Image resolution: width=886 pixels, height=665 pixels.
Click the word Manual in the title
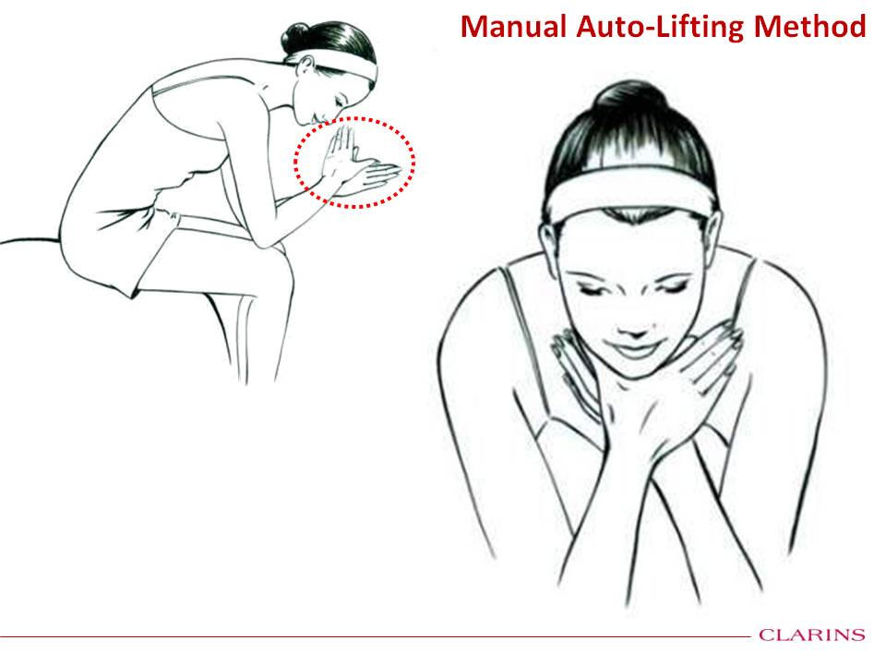click(513, 27)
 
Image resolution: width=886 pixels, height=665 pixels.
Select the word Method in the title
click(809, 27)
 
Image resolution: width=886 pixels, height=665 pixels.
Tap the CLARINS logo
click(812, 635)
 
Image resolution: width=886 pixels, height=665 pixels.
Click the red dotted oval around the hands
click(354, 117)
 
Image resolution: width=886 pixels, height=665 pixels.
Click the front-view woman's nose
click(635, 328)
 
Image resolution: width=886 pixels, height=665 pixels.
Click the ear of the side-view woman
click(305, 66)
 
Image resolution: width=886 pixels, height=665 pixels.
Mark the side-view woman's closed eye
click(340, 102)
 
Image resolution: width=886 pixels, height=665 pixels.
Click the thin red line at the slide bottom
click(376, 636)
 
